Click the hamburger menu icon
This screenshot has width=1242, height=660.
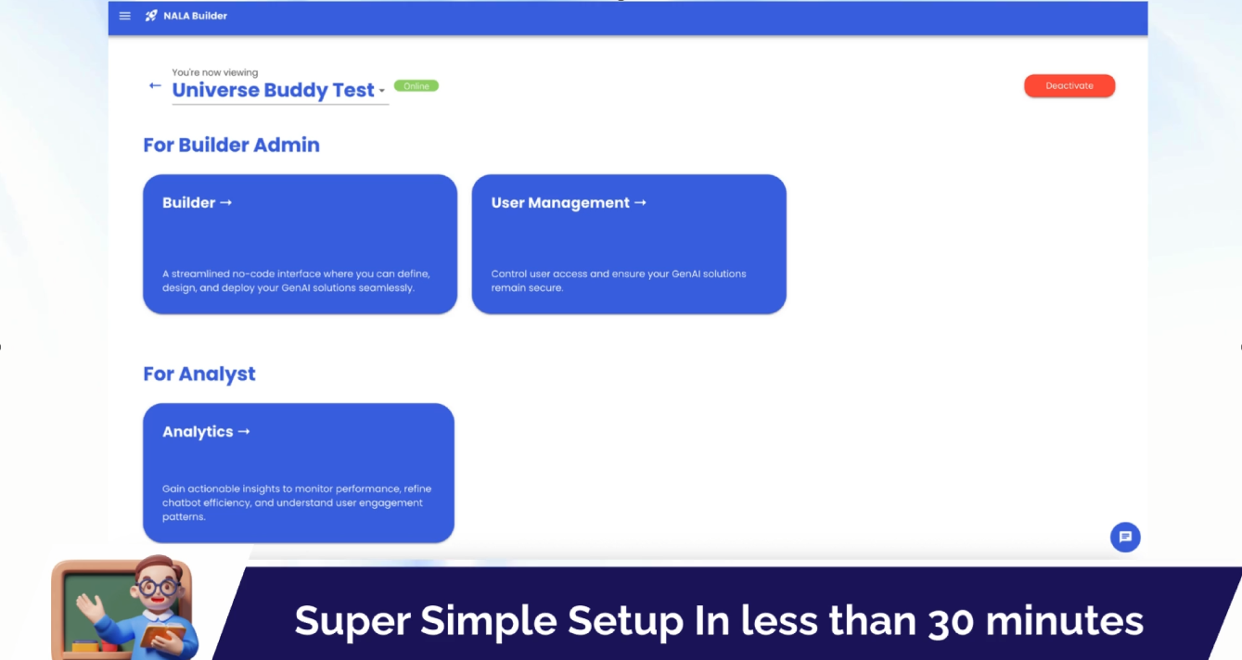tap(124, 16)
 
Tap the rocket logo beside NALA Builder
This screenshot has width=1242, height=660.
tap(151, 16)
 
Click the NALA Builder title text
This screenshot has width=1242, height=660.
tap(195, 16)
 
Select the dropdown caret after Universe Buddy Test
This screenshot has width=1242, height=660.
tap(381, 90)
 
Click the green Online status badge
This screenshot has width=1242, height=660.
tap(416, 86)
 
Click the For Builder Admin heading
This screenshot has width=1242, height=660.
tap(231, 146)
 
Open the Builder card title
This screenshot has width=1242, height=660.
tap(188, 203)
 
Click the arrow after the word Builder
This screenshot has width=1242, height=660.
tap(225, 203)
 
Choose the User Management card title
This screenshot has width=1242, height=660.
tap(560, 203)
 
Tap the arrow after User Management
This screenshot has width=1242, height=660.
tap(640, 203)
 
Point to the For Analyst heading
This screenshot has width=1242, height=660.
tap(199, 374)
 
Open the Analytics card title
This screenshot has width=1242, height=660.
tap(198, 432)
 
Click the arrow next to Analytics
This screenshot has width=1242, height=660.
tap(244, 431)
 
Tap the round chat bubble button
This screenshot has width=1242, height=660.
tap(1125, 537)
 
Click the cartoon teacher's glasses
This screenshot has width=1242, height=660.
tap(159, 588)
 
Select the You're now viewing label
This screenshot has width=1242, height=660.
tap(215, 72)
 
